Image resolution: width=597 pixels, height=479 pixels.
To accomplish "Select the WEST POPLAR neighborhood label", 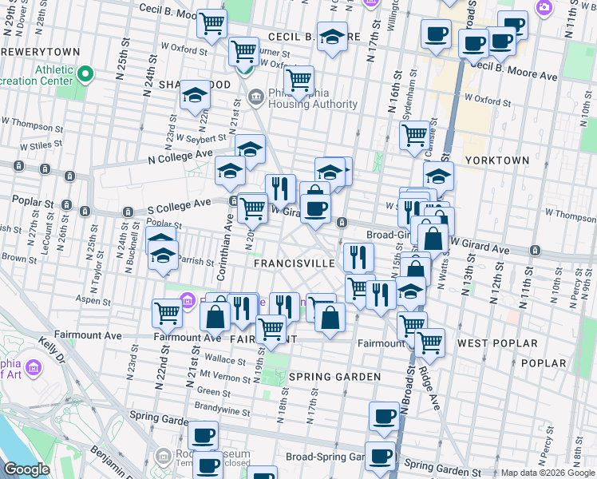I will point(496,342).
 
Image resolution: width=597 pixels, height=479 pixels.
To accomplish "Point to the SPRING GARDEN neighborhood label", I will point(324,376).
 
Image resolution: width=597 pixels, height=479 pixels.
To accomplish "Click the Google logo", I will point(26,469).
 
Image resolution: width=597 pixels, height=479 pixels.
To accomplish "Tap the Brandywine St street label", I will point(223,406).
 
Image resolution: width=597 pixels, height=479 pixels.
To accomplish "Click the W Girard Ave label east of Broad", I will point(480,250).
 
